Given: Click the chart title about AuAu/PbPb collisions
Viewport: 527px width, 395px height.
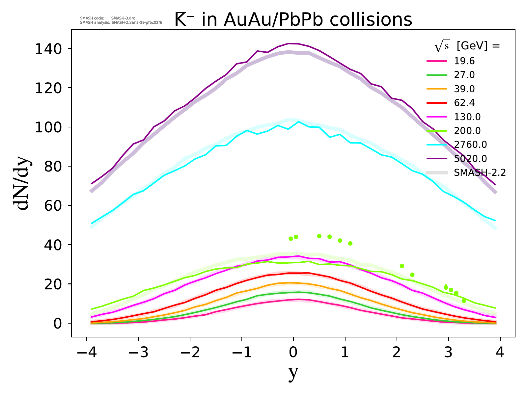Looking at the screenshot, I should point(293,20).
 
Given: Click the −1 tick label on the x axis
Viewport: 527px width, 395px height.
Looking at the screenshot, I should point(241,353).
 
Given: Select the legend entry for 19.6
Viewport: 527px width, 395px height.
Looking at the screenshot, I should point(464,61).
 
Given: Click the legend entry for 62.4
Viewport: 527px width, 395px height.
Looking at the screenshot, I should point(464,103).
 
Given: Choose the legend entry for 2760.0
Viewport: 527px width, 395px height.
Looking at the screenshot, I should point(470,145).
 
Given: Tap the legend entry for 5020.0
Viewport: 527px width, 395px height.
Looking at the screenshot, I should point(470,159).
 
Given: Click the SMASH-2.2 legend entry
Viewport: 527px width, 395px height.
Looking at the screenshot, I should point(480,173).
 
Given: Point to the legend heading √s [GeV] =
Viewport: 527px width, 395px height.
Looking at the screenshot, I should point(467,46).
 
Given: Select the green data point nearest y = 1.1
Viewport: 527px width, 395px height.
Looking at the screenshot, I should point(350,244).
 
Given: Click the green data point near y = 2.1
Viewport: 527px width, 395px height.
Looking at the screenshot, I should point(402,266).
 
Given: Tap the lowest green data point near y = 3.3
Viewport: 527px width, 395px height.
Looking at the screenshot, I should point(464,301).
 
